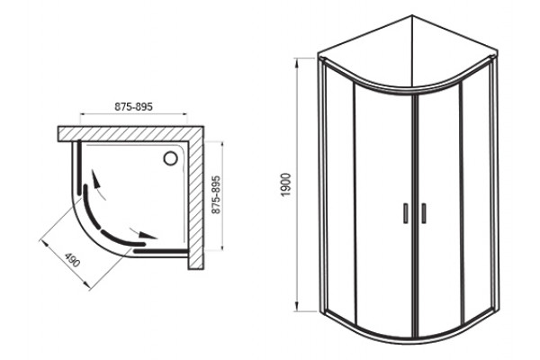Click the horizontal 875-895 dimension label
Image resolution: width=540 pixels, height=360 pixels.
(133, 107)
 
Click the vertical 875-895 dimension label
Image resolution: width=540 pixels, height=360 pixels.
(216, 195)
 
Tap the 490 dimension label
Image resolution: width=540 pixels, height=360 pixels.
(73, 260)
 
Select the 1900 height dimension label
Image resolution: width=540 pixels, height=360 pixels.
(286, 185)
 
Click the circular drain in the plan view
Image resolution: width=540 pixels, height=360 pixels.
(170, 158)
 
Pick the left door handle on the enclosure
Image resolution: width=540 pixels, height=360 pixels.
(406, 213)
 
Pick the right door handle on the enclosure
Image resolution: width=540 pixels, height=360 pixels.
(424, 213)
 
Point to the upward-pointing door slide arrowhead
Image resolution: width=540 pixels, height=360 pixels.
(96, 177)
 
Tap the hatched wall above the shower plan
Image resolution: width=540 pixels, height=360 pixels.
(130, 134)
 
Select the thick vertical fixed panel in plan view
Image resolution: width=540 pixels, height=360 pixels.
(79, 167)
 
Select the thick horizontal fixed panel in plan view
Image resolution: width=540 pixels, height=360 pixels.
(161, 251)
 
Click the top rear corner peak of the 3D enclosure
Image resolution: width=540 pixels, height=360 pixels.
(412, 15)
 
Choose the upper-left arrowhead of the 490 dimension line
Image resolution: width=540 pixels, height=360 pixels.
(44, 243)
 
